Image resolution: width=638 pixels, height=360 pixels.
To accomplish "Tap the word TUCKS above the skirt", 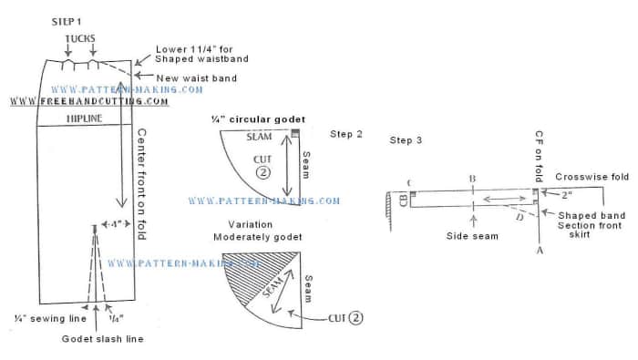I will click(x=81, y=39).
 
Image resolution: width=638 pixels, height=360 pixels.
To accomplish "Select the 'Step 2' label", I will click(x=345, y=134).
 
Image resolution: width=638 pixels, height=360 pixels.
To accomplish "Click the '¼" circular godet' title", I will click(x=258, y=119).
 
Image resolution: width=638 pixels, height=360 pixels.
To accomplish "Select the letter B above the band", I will click(x=471, y=179).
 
